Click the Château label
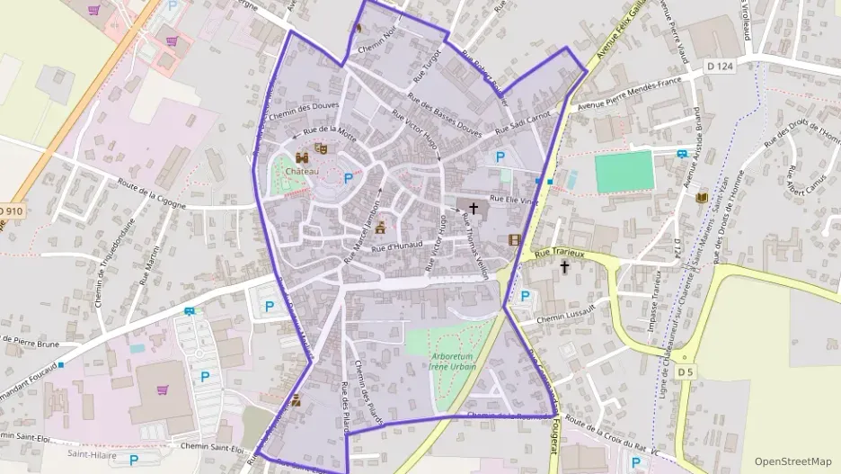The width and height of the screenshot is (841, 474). tap(302, 169)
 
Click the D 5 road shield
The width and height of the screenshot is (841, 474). tap(686, 371)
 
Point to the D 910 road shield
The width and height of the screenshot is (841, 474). tap(10, 210)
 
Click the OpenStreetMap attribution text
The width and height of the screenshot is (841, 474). tap(793, 461)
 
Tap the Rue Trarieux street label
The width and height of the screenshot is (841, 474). tap(560, 255)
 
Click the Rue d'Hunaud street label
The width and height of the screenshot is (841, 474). tap(395, 244)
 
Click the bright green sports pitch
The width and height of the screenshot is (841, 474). tap(624, 171)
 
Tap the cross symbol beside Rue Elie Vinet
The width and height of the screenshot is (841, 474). tap(474, 208)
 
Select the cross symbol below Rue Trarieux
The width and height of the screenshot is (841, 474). tap(565, 267)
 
